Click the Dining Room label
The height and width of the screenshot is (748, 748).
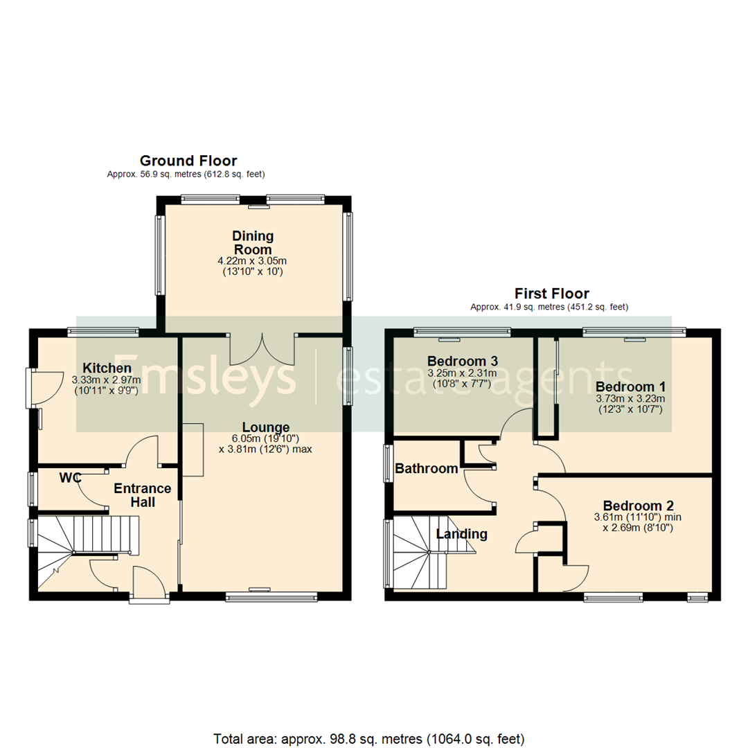pyautogui.click(x=252, y=242)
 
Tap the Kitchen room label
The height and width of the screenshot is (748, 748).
pyautogui.click(x=107, y=367)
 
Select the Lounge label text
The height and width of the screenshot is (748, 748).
pyautogui.click(x=265, y=427)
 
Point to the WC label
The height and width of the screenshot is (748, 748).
pyautogui.click(x=69, y=477)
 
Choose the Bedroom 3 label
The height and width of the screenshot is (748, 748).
pyautogui.click(x=462, y=361)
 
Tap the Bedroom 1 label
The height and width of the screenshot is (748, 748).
pyautogui.click(x=630, y=386)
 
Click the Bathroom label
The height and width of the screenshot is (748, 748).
pyautogui.click(x=426, y=469)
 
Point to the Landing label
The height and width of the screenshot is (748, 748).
pyautogui.click(x=461, y=534)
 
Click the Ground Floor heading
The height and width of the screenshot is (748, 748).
pyautogui.click(x=188, y=161)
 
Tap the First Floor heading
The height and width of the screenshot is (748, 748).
pyautogui.click(x=551, y=294)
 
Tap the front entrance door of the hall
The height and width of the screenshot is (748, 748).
pyautogui.click(x=150, y=586)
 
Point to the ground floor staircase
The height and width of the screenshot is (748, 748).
pyautogui.click(x=83, y=551)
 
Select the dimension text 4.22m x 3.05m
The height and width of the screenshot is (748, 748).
pyautogui.click(x=252, y=261)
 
